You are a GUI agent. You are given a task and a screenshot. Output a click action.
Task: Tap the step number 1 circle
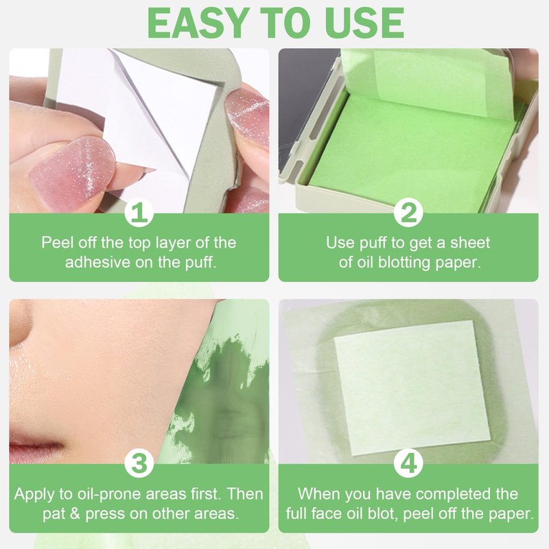point(139,213)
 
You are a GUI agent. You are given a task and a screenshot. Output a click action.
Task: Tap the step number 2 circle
point(408,213)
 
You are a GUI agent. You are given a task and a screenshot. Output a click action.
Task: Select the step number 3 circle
point(139,463)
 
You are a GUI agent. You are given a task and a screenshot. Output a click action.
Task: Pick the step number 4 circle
point(408,463)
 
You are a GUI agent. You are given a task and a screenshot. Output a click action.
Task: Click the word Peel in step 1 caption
point(56,243)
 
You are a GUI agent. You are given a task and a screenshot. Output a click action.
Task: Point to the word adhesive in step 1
point(97,262)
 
